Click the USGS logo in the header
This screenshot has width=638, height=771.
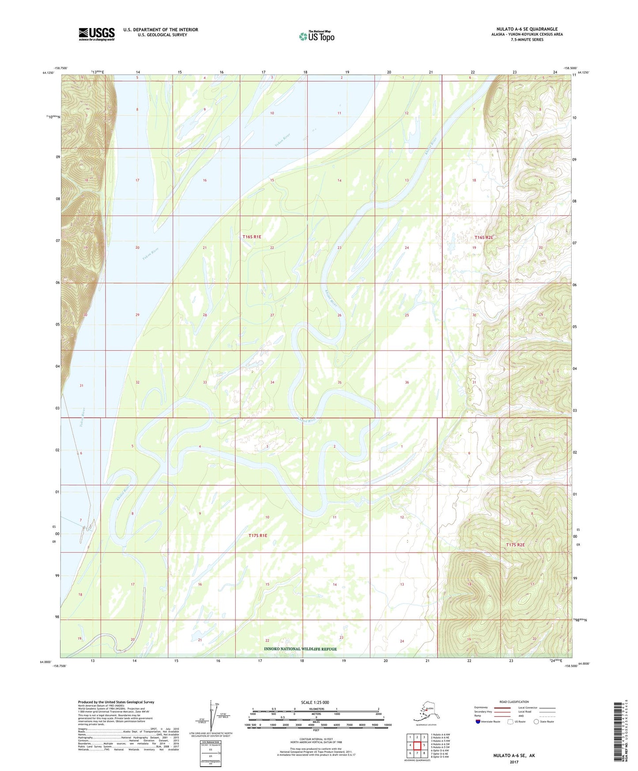96,34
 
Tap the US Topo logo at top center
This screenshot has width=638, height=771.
316,36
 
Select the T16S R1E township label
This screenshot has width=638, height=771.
252,237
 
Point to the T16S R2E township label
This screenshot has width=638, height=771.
483,238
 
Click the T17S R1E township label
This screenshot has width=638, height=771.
258,536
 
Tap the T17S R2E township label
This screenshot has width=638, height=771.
515,545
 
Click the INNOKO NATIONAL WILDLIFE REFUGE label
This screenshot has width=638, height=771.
300,649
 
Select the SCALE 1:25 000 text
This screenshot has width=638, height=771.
315,702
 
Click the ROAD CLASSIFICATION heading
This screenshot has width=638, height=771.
514,702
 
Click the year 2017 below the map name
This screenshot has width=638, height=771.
514,762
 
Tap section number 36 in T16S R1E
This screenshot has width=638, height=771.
407,382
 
